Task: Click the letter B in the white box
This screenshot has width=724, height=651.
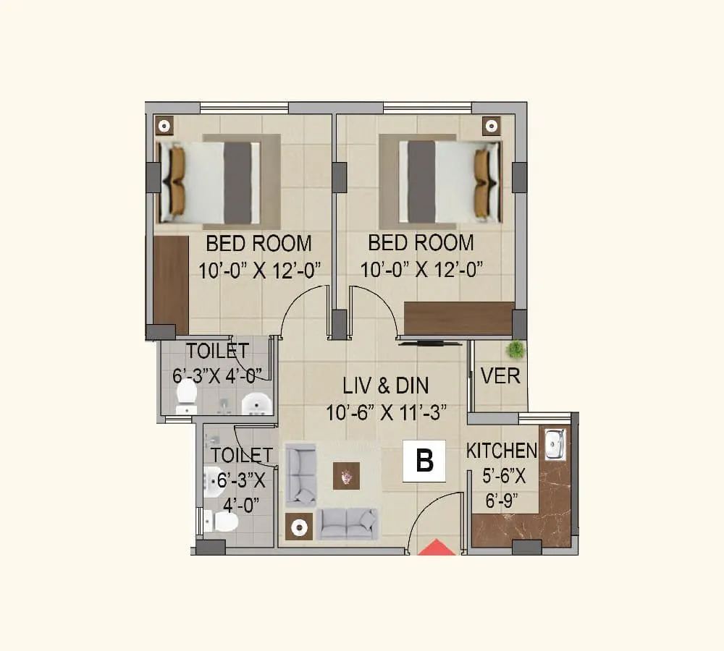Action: [x=424, y=461]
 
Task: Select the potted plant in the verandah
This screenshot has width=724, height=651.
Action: [x=515, y=350]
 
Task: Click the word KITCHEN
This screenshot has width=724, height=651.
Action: [x=501, y=451]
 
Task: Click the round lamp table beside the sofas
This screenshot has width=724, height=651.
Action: [x=299, y=527]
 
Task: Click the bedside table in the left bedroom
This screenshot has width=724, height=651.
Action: [x=164, y=126]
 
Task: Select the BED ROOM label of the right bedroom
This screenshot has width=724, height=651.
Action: [x=421, y=242]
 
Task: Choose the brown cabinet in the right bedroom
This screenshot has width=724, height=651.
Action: [x=458, y=318]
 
